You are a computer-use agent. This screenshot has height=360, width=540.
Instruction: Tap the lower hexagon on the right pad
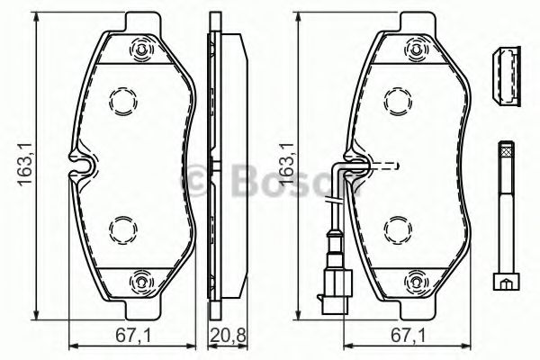[398, 229]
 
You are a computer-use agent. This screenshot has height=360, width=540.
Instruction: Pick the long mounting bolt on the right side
[505, 216]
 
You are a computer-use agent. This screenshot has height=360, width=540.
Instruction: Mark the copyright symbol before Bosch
[196, 184]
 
